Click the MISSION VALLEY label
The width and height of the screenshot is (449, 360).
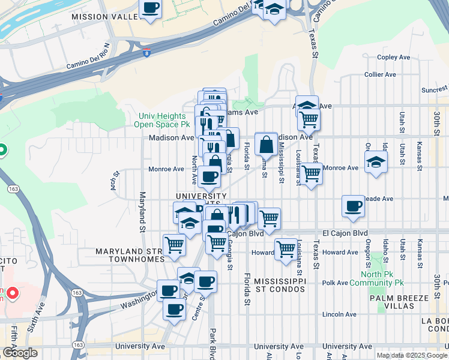click(x=105, y=17)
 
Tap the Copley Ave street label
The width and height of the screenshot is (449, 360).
click(x=393, y=58)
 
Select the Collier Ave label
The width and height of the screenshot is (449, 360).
click(x=380, y=74)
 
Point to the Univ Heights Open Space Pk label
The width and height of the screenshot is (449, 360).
click(x=164, y=120)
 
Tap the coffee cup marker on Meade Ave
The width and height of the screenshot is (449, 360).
click(x=354, y=206)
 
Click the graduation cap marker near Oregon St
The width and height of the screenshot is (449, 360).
click(x=376, y=161)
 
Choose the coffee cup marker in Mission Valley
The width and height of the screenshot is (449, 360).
click(x=150, y=8)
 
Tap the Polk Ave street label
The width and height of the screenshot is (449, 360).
click(x=335, y=283)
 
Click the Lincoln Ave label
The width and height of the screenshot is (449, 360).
click(x=339, y=314)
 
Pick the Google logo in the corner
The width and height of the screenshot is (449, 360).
click(x=20, y=353)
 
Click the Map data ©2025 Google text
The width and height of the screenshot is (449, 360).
click(x=411, y=355)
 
